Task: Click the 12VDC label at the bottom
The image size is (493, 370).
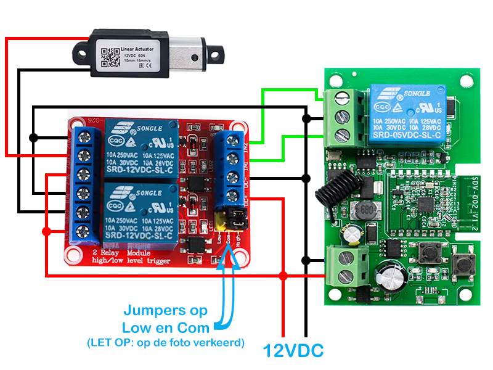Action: [x=293, y=350]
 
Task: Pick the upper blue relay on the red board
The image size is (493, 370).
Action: [x=141, y=149]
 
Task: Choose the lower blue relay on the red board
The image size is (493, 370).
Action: [x=141, y=212]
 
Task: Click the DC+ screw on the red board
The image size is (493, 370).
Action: [x=233, y=197]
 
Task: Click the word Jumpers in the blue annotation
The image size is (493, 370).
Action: [x=166, y=310]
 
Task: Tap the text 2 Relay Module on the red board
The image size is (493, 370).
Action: [x=117, y=253]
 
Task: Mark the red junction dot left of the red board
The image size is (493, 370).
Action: [x=46, y=231]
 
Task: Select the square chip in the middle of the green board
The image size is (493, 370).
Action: [x=423, y=203]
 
